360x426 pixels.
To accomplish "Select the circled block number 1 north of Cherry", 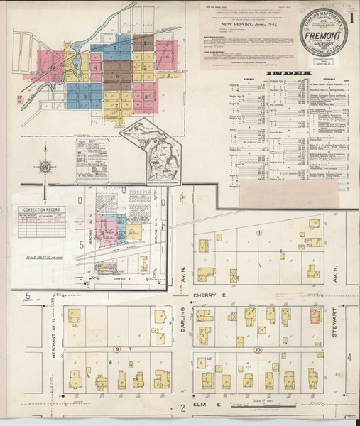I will pyautogui.click(x=260, y=232).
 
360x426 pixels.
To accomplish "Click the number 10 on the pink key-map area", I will pyautogui.click(x=52, y=68).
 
